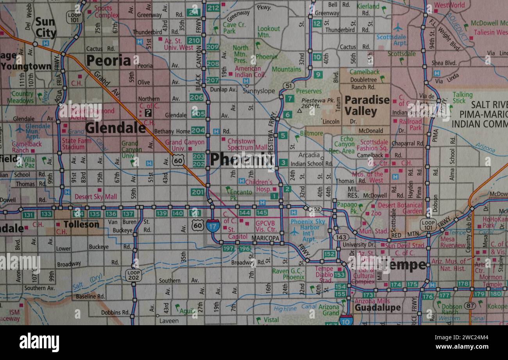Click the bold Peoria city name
point(108,61)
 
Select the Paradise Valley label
point(367,106)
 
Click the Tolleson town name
point(81,224)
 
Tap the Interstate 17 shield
point(213,226)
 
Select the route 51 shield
point(288,86)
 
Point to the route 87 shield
point(469,306)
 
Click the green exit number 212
point(213,8)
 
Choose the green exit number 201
point(198,192)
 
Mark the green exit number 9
point(318,75)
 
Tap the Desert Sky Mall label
point(96,197)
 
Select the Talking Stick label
point(462,98)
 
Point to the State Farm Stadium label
point(73,144)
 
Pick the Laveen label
point(169,321)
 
